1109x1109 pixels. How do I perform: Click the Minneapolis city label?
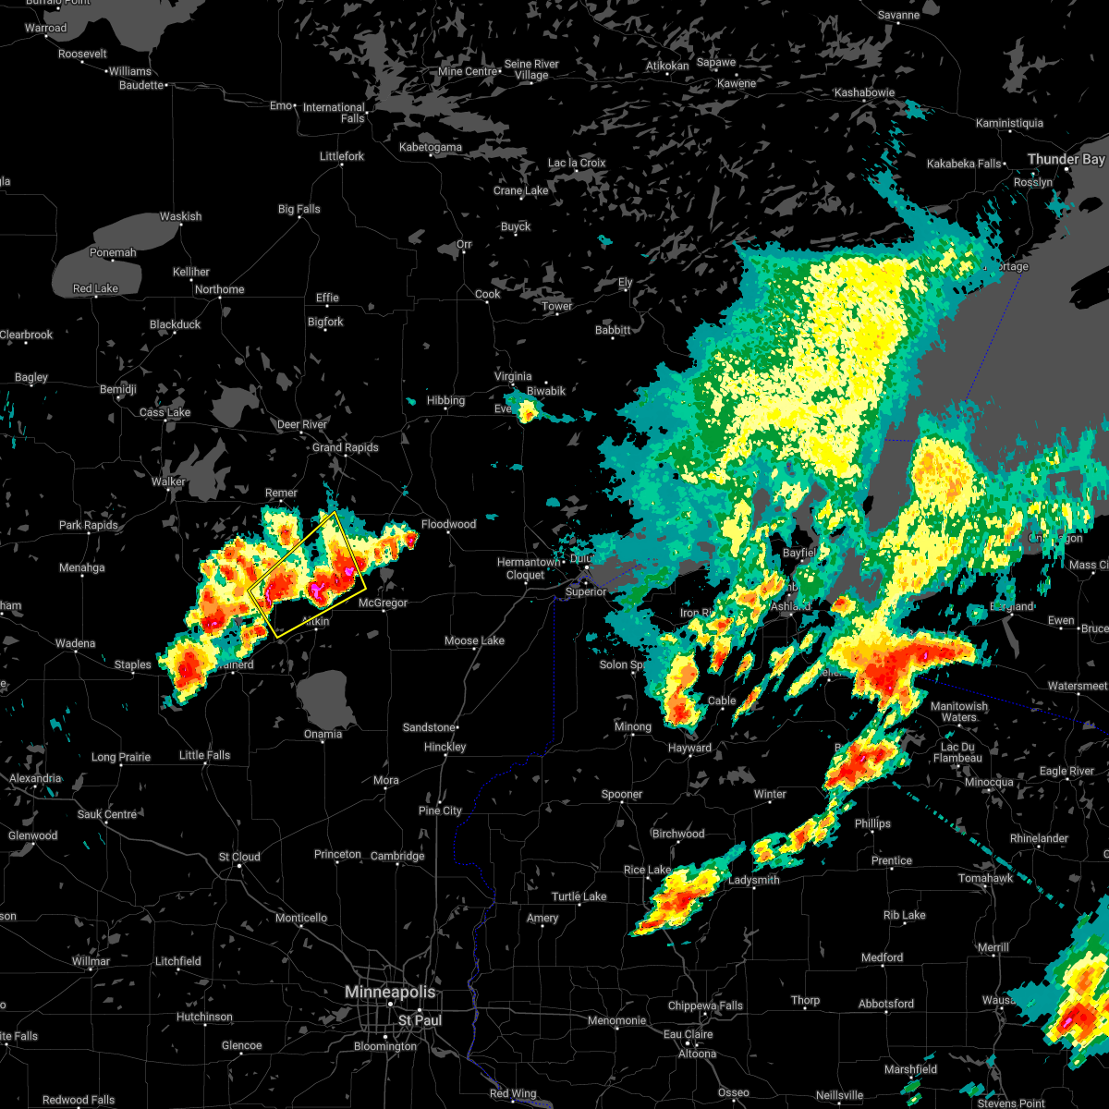click(389, 992)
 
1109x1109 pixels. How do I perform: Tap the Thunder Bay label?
click(1066, 160)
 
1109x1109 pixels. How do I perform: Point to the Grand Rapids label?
click(346, 447)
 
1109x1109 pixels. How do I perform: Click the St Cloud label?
click(239, 857)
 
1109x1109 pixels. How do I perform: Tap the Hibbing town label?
click(445, 400)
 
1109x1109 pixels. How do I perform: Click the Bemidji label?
click(118, 389)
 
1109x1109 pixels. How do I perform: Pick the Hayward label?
click(689, 748)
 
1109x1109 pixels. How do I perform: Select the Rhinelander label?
click(1040, 838)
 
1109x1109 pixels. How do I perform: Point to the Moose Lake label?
click(474, 640)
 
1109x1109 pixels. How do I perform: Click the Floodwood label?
click(448, 524)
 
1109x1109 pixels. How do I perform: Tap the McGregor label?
click(383, 603)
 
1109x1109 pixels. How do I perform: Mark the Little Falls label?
click(204, 755)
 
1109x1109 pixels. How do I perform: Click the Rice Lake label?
click(647, 870)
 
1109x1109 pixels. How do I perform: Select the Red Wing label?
click(512, 1093)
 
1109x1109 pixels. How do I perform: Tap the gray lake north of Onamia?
click(326, 698)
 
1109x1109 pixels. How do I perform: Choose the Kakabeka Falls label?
click(964, 164)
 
